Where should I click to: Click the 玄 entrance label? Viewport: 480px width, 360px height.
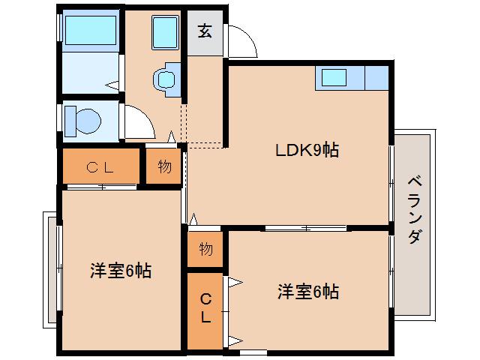[205, 31]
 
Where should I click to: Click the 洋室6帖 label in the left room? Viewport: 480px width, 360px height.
[121, 271]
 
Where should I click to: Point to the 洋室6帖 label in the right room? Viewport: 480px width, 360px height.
[307, 291]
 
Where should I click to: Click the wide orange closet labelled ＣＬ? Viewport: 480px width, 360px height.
[100, 167]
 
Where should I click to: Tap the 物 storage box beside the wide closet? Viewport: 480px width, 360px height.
[164, 166]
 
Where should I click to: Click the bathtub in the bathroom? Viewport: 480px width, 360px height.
[88, 30]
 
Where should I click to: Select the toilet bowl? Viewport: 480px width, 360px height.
[82, 119]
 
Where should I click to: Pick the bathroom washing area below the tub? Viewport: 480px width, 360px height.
[88, 73]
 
